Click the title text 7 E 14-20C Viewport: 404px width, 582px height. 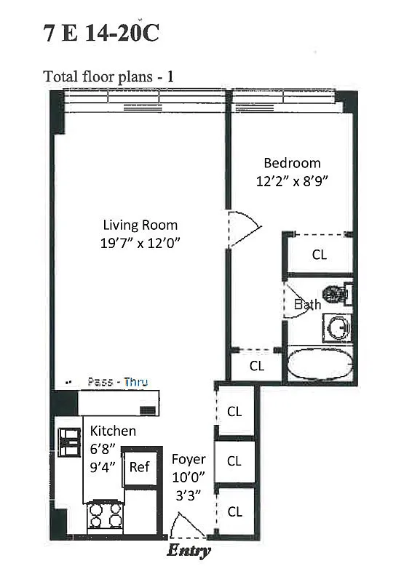click(101, 34)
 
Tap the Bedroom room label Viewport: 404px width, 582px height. click(292, 163)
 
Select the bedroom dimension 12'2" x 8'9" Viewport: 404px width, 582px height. click(292, 182)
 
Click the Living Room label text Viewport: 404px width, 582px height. click(140, 225)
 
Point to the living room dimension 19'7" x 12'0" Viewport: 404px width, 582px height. click(140, 243)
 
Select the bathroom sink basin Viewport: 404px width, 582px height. click(338, 328)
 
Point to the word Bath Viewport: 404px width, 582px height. click(306, 305)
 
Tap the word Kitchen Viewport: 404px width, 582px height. click(113, 431)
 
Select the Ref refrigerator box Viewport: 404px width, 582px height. click(139, 467)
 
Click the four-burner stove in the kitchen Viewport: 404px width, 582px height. click(104, 518)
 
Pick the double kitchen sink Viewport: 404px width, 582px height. click(70, 442)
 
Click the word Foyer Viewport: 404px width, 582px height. click(189, 460)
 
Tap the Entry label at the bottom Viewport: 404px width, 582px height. click(189, 551)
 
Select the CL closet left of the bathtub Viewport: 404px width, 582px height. click(256, 366)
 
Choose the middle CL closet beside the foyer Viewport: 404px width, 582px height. click(234, 461)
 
